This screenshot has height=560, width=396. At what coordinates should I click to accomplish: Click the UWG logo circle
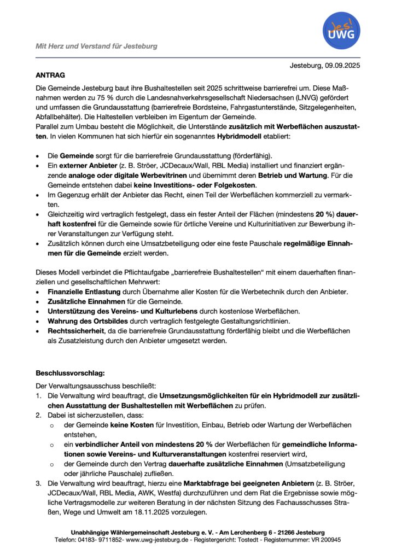point(341,31)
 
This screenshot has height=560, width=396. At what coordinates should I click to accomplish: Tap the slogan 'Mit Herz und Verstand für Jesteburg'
point(96,46)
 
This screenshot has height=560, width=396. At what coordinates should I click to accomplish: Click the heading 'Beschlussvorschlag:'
point(69,373)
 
